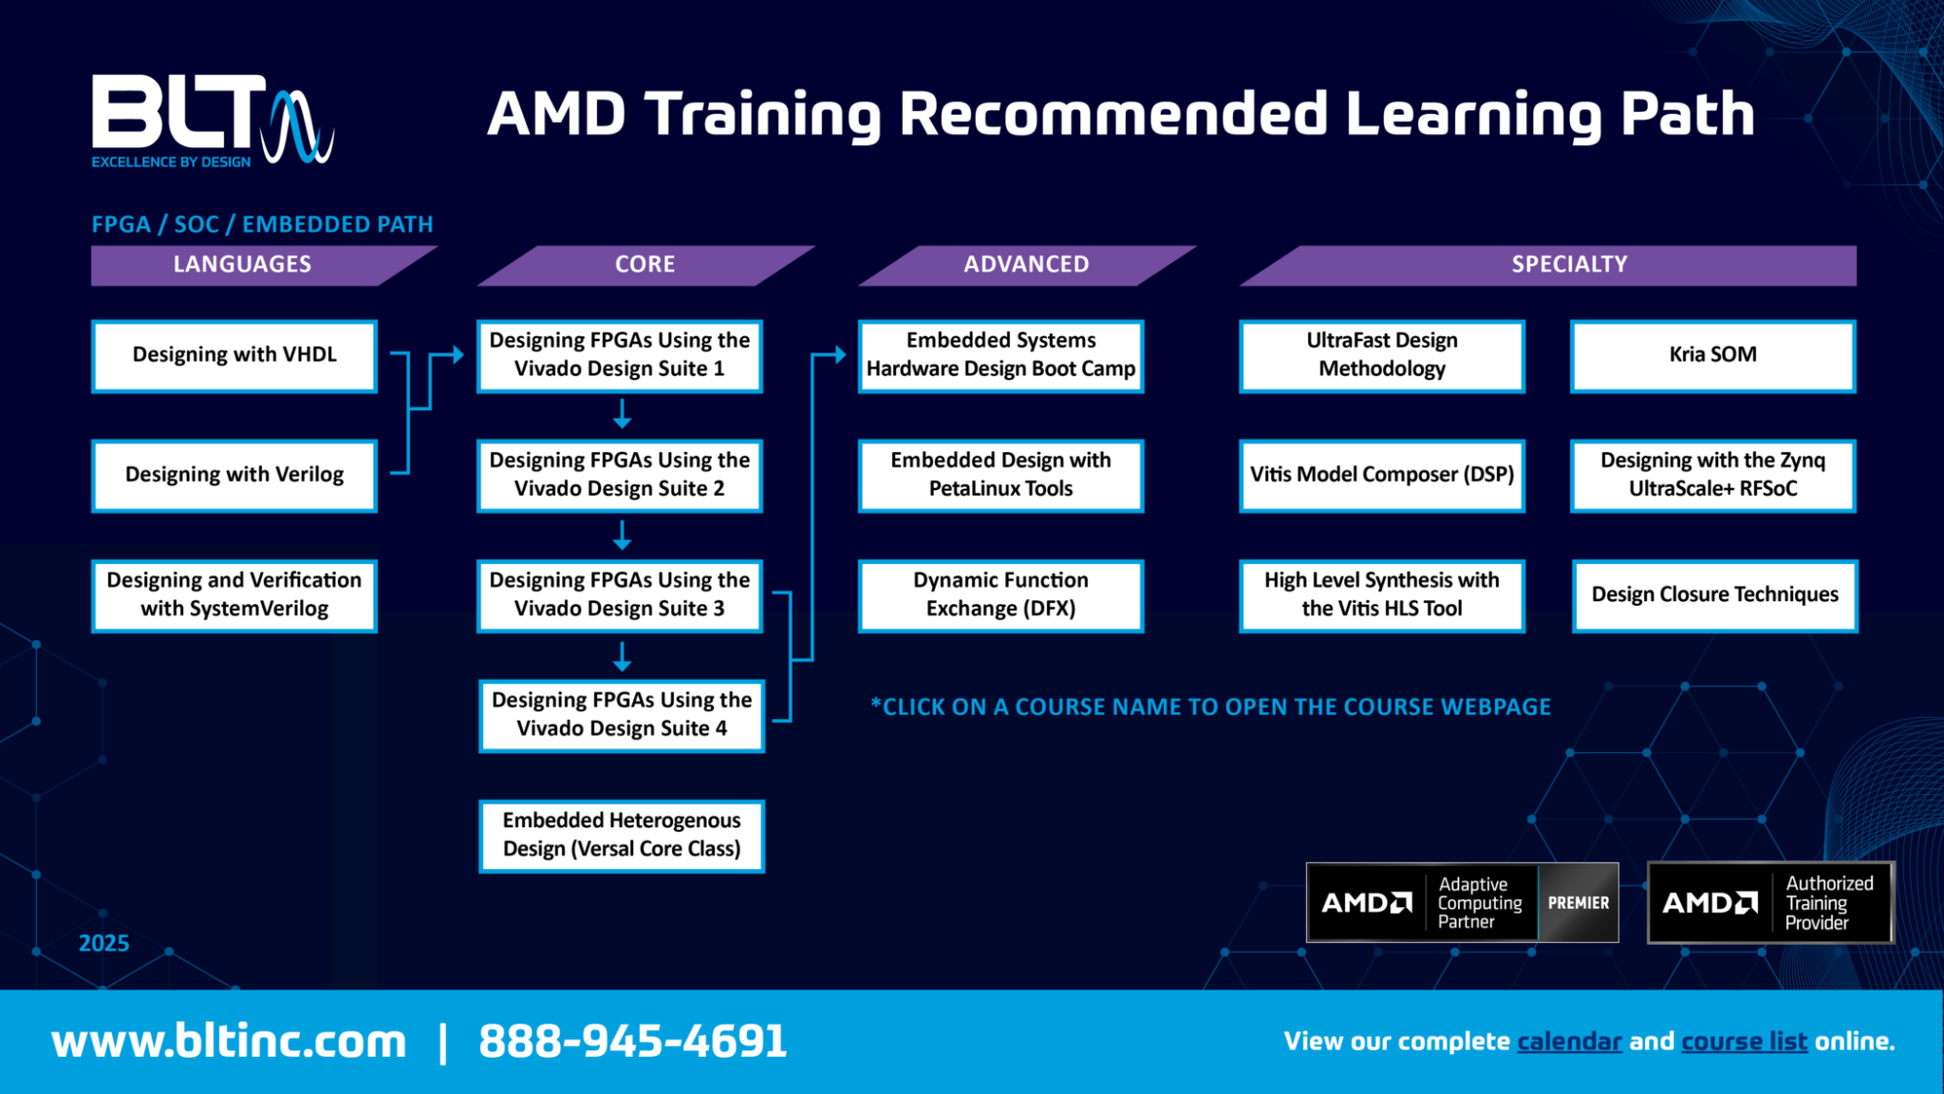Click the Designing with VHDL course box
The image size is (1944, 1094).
click(234, 355)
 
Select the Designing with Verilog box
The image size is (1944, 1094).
click(234, 475)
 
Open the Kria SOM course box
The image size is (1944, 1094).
click(1712, 355)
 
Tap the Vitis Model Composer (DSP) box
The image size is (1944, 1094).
click(1381, 475)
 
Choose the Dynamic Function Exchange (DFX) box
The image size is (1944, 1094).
click(1000, 594)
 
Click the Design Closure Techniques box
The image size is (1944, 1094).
click(1714, 594)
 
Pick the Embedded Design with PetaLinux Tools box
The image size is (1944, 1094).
click(1000, 475)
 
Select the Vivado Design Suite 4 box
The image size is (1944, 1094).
click(622, 715)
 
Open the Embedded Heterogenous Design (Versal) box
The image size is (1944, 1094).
click(622, 835)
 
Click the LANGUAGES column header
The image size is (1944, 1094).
click(242, 265)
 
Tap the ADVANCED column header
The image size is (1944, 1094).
click(1026, 265)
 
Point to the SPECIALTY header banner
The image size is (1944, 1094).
click(1569, 265)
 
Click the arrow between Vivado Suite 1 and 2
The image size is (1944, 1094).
click(622, 414)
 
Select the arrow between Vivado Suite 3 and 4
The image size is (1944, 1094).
click(622, 655)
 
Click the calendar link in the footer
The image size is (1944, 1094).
click(1569, 1042)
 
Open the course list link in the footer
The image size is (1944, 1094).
click(1744, 1042)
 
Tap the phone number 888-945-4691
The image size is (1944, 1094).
click(633, 1042)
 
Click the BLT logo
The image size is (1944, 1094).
click(211, 121)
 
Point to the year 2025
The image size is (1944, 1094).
click(103, 943)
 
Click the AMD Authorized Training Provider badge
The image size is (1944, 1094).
click(1770, 902)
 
